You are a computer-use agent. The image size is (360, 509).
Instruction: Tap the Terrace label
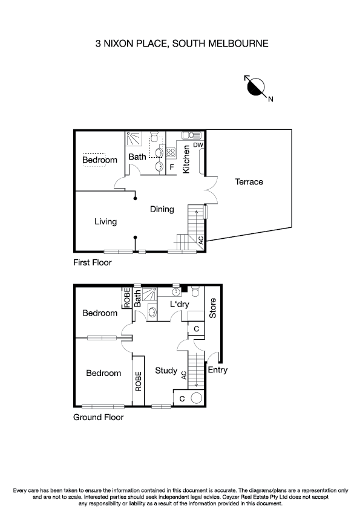(249, 182)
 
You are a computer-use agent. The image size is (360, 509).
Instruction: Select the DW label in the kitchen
(198, 145)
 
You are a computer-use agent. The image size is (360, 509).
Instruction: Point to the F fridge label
(172, 167)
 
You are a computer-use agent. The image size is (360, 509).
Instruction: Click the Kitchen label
(187, 159)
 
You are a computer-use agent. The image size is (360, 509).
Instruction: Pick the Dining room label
(162, 209)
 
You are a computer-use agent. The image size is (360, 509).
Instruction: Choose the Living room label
(105, 222)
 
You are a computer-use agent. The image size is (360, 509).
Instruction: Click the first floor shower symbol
(133, 140)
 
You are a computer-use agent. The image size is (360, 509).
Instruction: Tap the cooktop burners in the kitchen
(171, 152)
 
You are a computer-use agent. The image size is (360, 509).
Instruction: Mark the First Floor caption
(93, 263)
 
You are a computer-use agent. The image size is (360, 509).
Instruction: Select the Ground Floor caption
(98, 417)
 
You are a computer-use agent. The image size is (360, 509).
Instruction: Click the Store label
(212, 308)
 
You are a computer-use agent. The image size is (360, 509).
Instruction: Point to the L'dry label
(180, 304)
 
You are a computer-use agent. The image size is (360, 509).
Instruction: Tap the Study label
(165, 371)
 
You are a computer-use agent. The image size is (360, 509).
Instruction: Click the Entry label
(218, 370)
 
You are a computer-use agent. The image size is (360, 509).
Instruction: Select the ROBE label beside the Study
(138, 381)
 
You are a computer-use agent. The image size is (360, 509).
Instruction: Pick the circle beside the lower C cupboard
(196, 398)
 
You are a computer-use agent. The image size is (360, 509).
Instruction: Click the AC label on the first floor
(201, 239)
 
